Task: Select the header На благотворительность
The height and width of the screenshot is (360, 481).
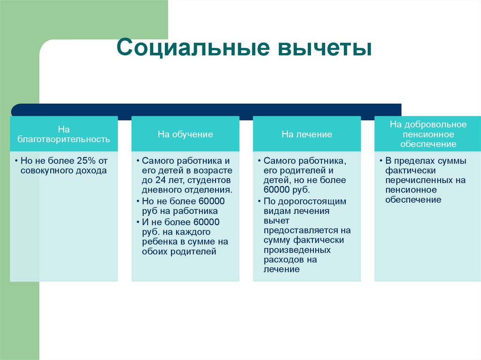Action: coord(64,134)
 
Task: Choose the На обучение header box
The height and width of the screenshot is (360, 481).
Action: coord(185,134)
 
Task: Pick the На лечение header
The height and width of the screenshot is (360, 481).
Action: coord(307,134)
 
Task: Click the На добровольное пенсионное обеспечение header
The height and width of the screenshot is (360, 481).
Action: coord(428,134)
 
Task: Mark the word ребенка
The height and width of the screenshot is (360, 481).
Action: coord(159,242)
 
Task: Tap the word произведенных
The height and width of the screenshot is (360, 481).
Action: coord(297,250)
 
